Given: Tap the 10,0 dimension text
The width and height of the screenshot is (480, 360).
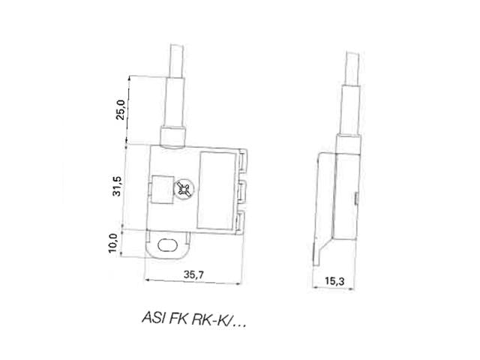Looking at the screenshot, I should [114, 242].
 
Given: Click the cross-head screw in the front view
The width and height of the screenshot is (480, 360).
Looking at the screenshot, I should [184, 189].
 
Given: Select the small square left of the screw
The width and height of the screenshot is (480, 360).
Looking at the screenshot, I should [161, 187].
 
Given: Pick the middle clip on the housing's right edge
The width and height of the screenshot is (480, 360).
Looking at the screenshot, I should [244, 190].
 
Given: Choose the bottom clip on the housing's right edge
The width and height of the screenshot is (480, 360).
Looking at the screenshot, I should [244, 220].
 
